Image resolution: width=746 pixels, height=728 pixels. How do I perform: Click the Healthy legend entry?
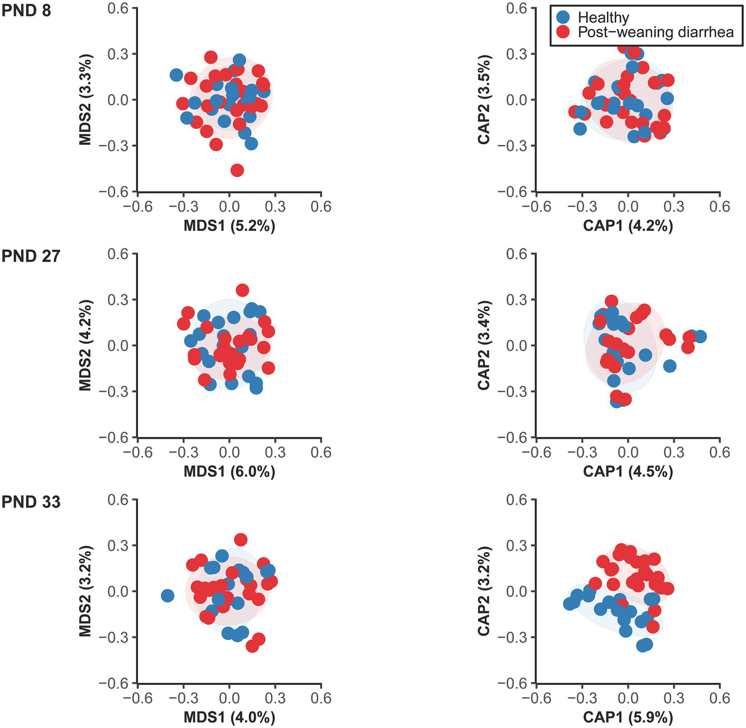[x=603, y=17]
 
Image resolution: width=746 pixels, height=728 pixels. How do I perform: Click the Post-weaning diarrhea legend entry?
[x=655, y=33]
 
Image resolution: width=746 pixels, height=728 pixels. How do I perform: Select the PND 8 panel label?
[x=26, y=10]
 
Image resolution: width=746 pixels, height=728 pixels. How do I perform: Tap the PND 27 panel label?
[x=31, y=256]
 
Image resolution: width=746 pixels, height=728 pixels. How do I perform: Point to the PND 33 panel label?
[x=31, y=502]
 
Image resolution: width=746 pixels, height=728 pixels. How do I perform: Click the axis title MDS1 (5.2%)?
[x=229, y=226]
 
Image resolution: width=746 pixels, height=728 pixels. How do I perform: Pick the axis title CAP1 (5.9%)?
[x=628, y=717]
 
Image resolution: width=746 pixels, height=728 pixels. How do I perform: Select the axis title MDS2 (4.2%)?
[x=86, y=346]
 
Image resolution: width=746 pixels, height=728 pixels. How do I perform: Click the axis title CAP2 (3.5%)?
[x=484, y=100]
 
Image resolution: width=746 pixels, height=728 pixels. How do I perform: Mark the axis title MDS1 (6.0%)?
[x=229, y=471]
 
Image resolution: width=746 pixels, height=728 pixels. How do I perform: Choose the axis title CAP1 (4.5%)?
[x=628, y=471]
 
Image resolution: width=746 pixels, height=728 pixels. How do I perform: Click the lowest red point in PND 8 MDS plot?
[x=237, y=170]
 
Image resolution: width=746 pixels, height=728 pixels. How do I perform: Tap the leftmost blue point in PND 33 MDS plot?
[x=167, y=595]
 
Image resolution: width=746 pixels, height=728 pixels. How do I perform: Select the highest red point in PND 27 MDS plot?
[x=242, y=290]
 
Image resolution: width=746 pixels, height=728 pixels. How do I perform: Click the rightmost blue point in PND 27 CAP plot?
[x=700, y=336]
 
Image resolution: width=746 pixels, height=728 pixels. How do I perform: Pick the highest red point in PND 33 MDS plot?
[x=241, y=539]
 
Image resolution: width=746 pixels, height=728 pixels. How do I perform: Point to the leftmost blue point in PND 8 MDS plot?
[x=176, y=75]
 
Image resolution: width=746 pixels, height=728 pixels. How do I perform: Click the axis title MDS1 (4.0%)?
[x=229, y=717]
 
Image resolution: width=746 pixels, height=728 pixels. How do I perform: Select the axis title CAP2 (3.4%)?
[x=484, y=346]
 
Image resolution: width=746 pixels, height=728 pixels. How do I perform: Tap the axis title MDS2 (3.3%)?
[x=86, y=100]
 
